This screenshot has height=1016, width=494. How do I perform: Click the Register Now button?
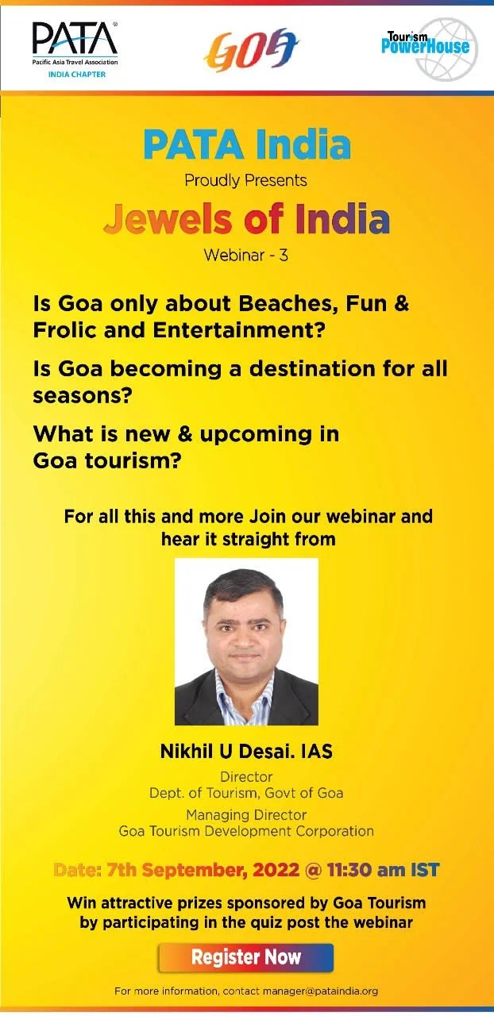pos(245,957)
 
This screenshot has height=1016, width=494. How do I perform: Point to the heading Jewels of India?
pos(246,220)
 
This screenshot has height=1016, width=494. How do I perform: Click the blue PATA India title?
pos(246,145)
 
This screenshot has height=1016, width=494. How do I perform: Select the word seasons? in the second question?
pos(81,394)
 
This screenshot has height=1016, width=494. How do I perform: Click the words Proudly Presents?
pos(245,180)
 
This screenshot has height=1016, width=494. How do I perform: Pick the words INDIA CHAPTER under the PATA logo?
pos(74,75)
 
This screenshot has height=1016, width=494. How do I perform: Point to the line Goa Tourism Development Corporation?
pos(246,831)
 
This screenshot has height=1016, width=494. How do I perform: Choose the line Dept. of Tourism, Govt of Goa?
pos(246,793)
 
